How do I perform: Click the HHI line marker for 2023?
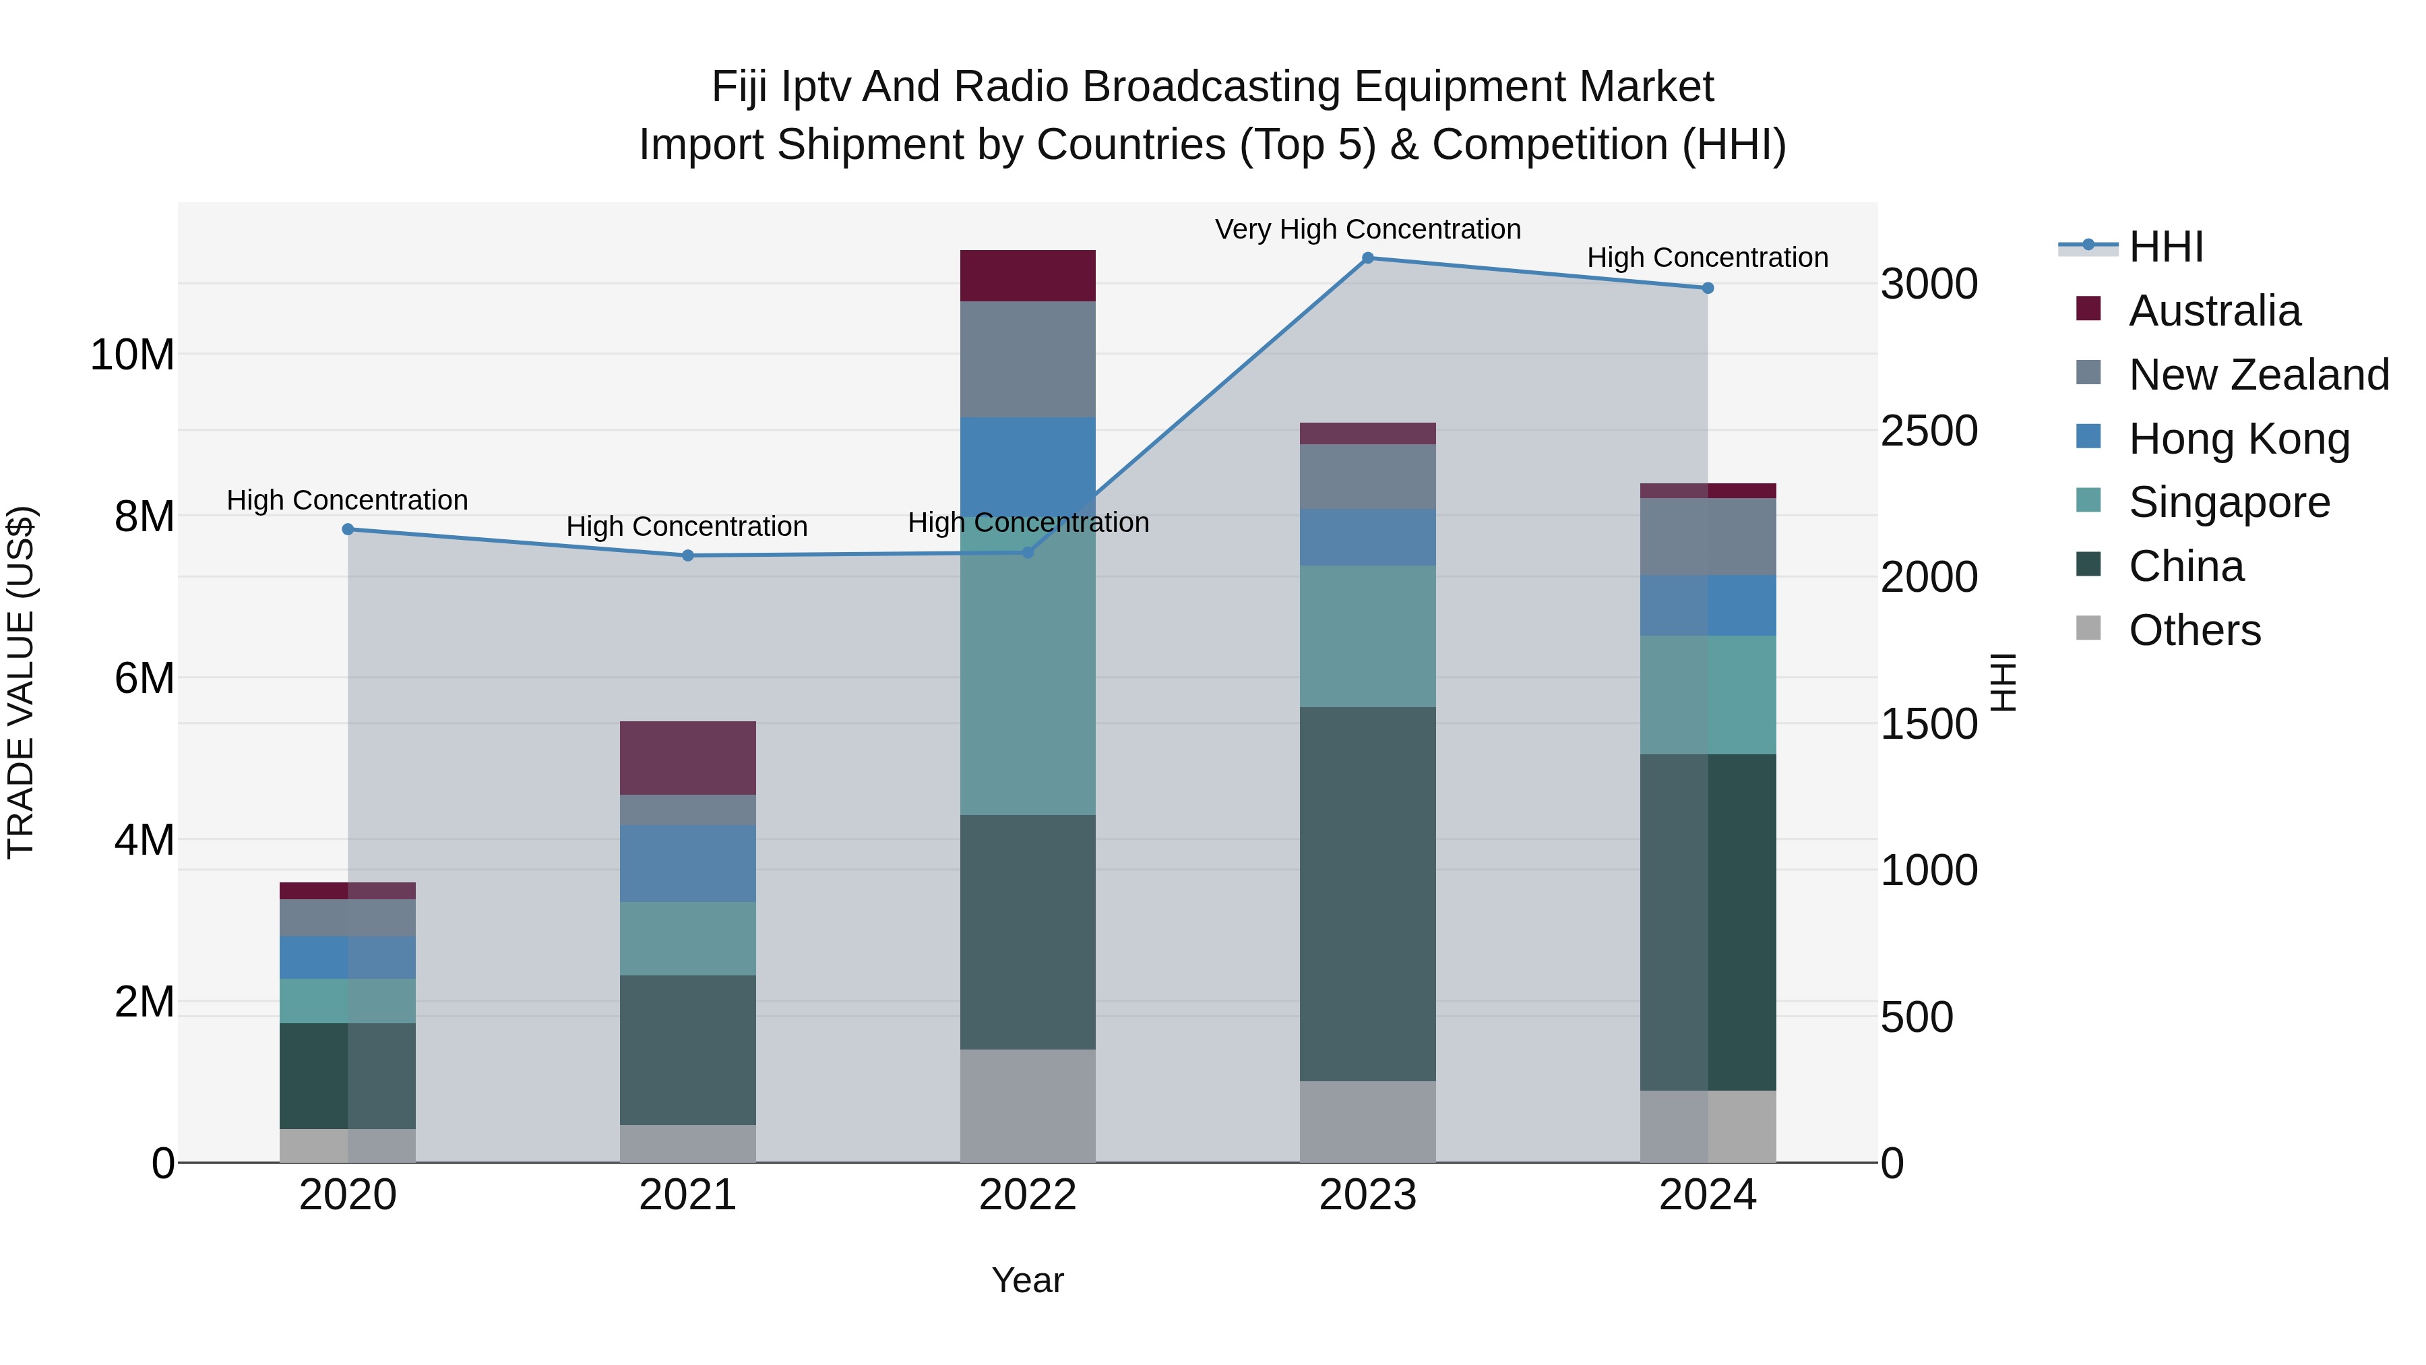(x=1367, y=258)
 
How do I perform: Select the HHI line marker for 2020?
(x=348, y=529)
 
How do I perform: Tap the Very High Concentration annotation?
(x=1367, y=229)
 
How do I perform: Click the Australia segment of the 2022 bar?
(x=1028, y=276)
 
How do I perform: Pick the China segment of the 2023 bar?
(x=1367, y=893)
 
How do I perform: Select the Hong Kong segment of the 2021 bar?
(x=687, y=863)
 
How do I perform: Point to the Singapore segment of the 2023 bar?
(x=1367, y=636)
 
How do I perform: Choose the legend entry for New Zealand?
(x=2258, y=375)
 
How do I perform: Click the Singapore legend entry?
(x=2229, y=502)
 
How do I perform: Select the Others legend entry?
(x=2194, y=630)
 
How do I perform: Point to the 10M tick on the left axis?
(x=132, y=355)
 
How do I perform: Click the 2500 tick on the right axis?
(x=1928, y=431)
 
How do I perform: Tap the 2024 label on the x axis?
(x=1706, y=1195)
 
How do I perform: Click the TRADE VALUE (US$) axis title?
(x=21, y=682)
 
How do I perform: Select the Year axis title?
(x=1028, y=1280)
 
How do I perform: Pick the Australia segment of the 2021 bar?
(x=687, y=758)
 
